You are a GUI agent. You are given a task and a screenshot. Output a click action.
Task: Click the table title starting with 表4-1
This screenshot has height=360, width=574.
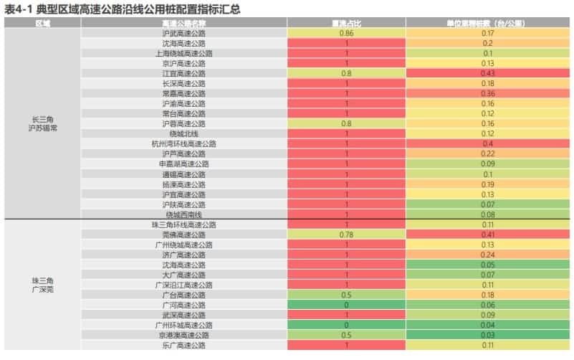click(121, 9)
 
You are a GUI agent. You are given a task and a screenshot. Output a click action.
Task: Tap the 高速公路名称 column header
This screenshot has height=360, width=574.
click(184, 23)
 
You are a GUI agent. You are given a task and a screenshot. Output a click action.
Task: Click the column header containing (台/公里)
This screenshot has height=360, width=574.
click(487, 23)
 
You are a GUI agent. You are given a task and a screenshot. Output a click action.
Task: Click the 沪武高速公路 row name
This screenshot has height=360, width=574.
click(184, 33)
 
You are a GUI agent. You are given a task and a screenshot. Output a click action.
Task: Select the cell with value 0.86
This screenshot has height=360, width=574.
click(347, 33)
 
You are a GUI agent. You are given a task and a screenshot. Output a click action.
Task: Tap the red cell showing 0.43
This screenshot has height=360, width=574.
click(487, 73)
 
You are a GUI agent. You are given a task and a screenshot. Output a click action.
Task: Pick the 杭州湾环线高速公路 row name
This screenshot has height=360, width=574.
click(184, 143)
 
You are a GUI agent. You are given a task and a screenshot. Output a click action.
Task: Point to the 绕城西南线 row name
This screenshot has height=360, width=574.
click(184, 214)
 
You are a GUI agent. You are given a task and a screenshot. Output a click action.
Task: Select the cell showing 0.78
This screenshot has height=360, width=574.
click(347, 234)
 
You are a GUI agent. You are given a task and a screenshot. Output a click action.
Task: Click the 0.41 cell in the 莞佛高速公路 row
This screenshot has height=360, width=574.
click(487, 234)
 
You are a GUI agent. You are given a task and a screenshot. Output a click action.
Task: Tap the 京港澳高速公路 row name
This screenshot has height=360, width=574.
click(184, 334)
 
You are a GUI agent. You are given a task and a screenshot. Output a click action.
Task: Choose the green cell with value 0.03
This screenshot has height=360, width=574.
click(487, 334)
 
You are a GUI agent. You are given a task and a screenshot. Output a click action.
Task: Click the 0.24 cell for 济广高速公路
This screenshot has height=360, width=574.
click(487, 254)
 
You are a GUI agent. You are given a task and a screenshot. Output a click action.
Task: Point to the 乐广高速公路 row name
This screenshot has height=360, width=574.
click(184, 345)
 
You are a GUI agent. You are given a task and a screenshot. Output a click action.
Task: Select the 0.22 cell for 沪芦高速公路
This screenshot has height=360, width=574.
click(487, 153)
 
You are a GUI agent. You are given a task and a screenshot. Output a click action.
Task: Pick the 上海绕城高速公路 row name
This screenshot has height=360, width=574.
click(184, 53)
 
